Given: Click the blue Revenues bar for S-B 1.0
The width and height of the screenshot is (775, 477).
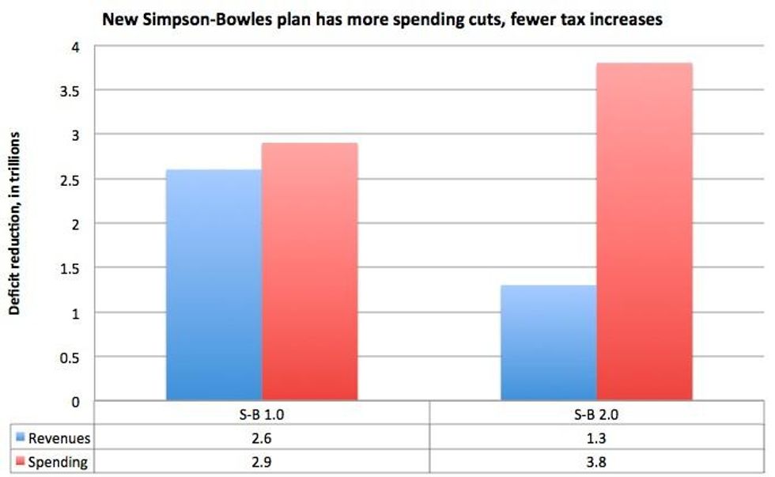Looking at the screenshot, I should (x=214, y=285).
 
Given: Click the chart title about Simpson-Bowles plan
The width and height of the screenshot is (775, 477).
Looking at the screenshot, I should (x=382, y=20).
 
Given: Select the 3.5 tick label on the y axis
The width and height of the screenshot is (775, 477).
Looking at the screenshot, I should (x=73, y=91).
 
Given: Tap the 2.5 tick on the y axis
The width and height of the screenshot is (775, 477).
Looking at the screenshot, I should (x=73, y=180).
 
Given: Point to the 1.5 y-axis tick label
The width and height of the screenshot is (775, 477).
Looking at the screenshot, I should (x=73, y=269).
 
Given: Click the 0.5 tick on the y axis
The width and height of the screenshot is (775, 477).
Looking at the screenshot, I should (x=73, y=358).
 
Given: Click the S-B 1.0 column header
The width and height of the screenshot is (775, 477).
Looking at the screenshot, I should (x=262, y=414).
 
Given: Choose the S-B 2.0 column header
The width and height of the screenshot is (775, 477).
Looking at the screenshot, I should (x=596, y=414).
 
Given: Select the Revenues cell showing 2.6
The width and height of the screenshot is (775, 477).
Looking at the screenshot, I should (x=262, y=437).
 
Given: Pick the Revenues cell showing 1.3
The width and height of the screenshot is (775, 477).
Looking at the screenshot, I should (x=596, y=437).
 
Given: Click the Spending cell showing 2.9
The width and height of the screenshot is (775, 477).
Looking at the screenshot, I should (x=262, y=461).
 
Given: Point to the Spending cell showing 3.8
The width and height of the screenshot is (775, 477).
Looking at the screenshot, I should (x=596, y=461).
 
